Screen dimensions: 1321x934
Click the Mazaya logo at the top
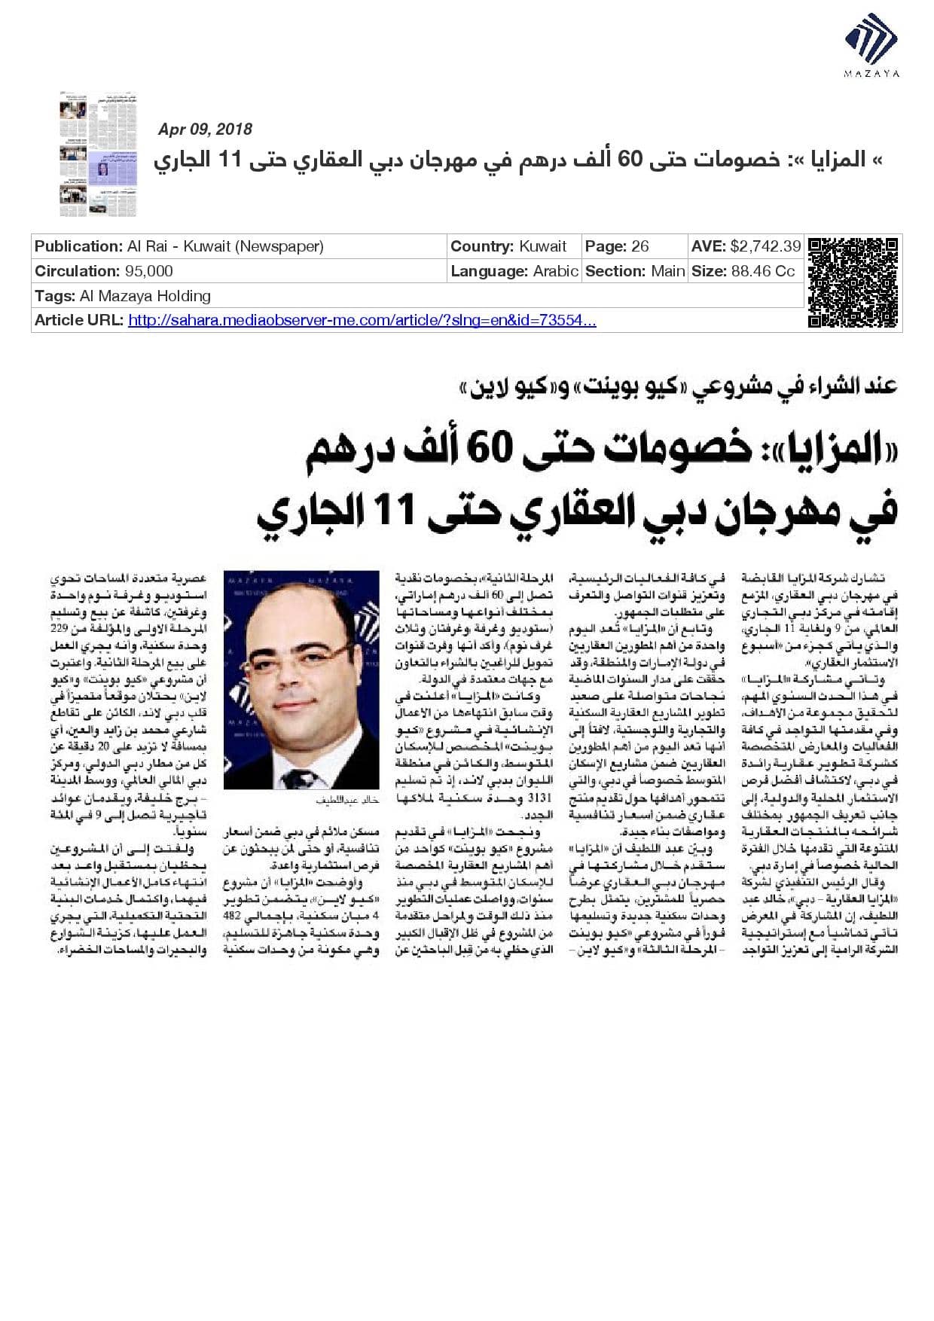(x=871, y=45)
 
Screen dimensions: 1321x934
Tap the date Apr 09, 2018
(x=205, y=130)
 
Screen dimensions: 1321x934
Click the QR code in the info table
(x=853, y=283)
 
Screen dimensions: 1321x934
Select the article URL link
(x=362, y=321)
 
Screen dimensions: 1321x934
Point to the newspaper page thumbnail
(x=99, y=155)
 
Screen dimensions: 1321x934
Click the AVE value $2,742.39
(x=765, y=246)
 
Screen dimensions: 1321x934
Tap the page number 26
(x=640, y=246)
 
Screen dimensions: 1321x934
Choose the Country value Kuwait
(x=542, y=246)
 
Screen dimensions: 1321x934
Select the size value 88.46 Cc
(x=762, y=271)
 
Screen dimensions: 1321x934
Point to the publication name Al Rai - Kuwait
(x=225, y=246)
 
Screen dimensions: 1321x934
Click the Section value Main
(x=667, y=271)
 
